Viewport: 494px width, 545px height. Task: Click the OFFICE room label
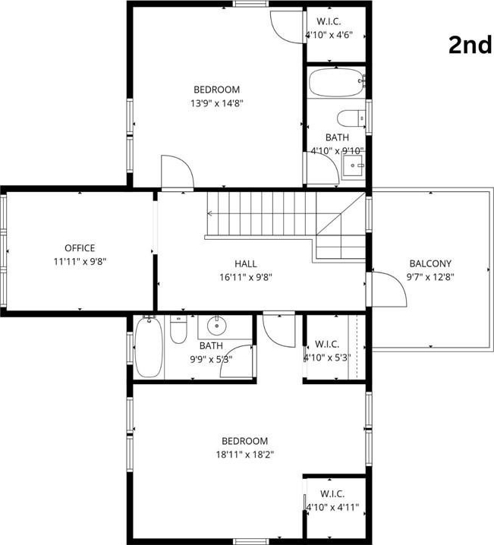[80, 247]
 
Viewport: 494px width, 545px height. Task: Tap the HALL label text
[246, 263]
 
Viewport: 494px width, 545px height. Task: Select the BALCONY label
[430, 263]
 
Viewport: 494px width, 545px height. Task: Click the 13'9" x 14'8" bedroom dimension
[216, 103]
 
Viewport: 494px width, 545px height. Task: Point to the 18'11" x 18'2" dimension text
[245, 454]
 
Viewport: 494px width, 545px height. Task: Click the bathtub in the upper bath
[336, 83]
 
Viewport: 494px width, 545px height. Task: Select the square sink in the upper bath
[354, 167]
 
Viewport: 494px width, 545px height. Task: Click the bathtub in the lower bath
[148, 347]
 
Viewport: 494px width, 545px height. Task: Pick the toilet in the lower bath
[178, 329]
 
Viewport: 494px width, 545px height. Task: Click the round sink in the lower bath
[217, 326]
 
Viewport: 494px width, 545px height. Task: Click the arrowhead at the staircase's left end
[209, 213]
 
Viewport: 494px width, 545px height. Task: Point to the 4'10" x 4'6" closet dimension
[329, 35]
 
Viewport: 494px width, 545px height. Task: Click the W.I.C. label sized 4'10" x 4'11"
[332, 493]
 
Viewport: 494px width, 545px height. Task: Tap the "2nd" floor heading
[470, 46]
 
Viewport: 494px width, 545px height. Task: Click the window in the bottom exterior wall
[251, 541]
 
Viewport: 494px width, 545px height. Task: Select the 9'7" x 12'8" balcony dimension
[430, 277]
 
